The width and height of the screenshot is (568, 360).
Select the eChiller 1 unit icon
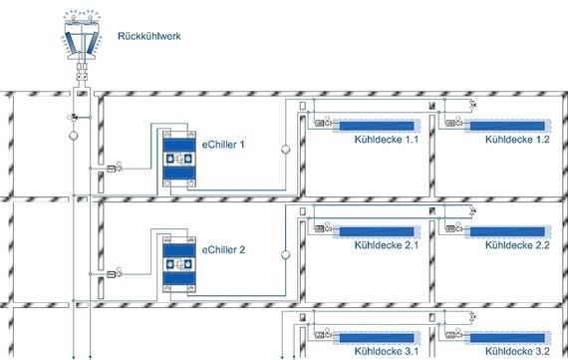pos(180,160)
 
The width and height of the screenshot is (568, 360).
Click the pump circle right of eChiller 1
pos(283,151)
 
